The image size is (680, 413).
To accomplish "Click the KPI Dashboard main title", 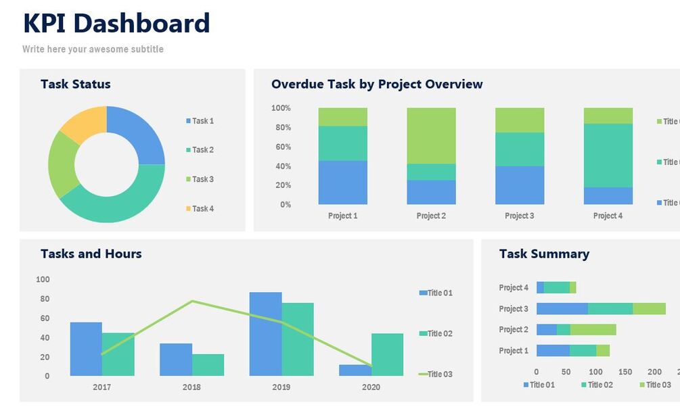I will [116, 24].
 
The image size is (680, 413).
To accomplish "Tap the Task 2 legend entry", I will [202, 150].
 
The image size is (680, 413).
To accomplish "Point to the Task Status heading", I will [75, 84].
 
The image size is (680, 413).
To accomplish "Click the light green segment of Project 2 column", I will [431, 135].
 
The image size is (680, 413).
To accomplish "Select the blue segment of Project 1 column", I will [342, 182].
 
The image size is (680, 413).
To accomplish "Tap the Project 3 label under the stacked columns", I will [519, 216].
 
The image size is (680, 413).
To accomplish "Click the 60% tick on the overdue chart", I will [281, 147].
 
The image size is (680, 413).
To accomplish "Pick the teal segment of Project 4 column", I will [608, 155].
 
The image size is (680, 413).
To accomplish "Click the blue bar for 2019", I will [265, 334].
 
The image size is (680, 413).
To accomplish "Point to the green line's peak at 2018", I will [192, 301].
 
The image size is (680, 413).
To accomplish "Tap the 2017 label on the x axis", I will [101, 387].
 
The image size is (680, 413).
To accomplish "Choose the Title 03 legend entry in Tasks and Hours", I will [439, 374].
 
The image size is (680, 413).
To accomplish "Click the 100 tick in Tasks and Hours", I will [43, 279].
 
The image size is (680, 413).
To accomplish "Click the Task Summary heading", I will [544, 254].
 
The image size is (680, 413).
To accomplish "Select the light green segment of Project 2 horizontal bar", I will [593, 330].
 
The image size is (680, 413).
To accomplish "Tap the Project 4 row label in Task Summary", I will [514, 288].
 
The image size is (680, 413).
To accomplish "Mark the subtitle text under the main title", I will [93, 49].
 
